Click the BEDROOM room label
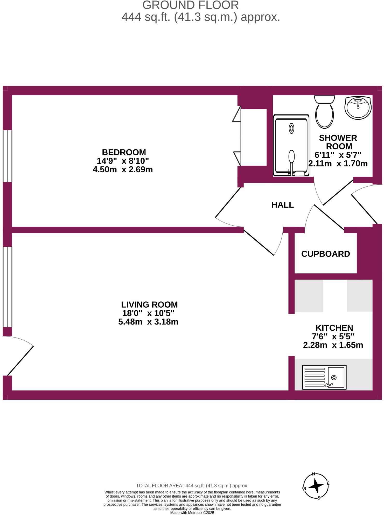(x=124, y=152)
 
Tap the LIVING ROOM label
(x=149, y=304)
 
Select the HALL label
(x=282, y=205)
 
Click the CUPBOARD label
(x=325, y=254)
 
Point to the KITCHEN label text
(x=334, y=328)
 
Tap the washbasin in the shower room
(x=358, y=108)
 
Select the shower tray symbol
(x=291, y=146)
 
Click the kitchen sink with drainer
(x=324, y=377)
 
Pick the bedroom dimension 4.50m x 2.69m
(x=123, y=170)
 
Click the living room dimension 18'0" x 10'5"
(x=148, y=313)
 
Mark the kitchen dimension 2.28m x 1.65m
(x=333, y=345)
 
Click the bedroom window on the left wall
(x=7, y=156)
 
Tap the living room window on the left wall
(x=7, y=287)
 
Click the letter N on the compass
(x=313, y=474)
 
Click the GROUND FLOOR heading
(x=191, y=5)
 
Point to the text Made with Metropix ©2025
(x=192, y=513)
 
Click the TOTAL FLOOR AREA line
(x=192, y=485)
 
